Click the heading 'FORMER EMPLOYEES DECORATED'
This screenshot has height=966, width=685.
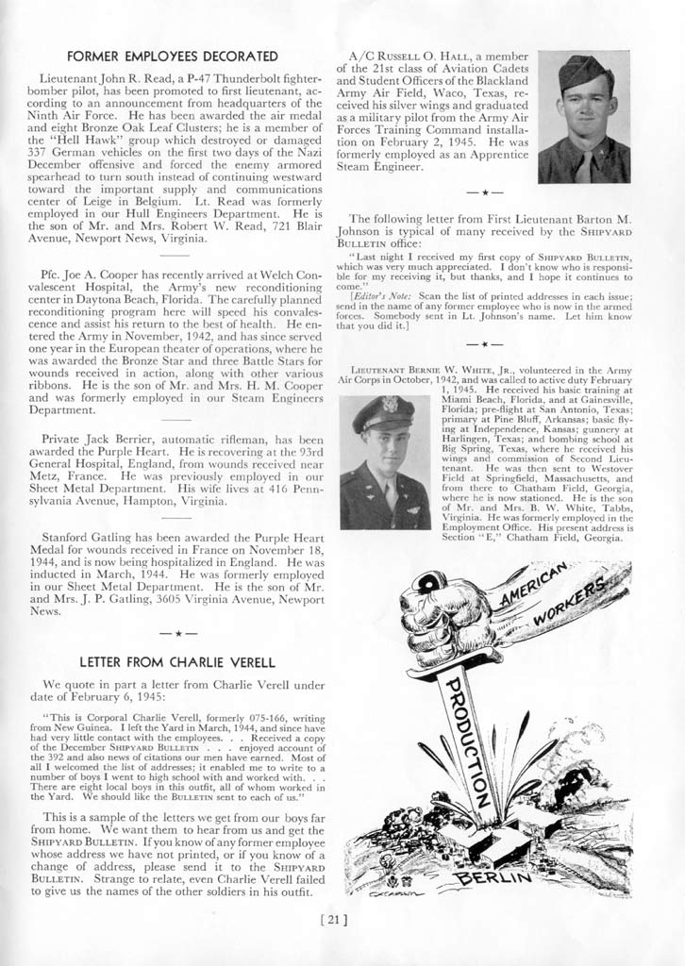coord(173,57)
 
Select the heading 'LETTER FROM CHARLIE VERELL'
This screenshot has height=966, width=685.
coord(176,660)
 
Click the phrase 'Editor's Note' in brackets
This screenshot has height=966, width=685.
coord(378,297)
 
